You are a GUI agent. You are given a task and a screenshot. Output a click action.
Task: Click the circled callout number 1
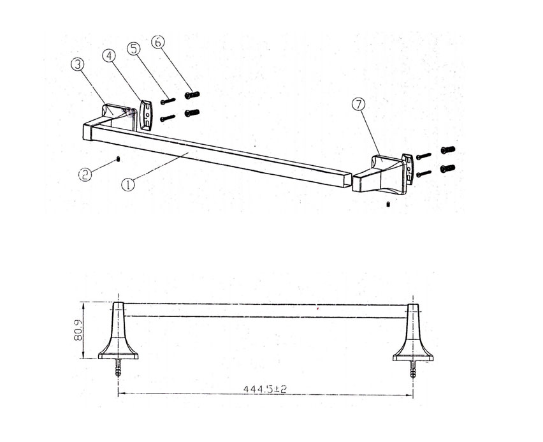click(128, 184)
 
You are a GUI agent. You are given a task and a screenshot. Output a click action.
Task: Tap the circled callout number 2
click(85, 174)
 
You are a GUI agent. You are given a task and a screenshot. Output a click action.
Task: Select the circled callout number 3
click(78, 64)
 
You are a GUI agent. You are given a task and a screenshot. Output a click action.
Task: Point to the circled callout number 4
click(110, 55)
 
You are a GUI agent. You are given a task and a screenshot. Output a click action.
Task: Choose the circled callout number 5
click(134, 48)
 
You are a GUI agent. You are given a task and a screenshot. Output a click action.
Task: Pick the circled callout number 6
click(158, 42)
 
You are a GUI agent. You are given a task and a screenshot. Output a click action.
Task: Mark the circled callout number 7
click(358, 104)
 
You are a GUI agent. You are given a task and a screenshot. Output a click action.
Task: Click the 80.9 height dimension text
click(78, 330)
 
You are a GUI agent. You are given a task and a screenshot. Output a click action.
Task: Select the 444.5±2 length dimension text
click(265, 389)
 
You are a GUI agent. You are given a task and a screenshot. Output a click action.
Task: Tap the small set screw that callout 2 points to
click(119, 159)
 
